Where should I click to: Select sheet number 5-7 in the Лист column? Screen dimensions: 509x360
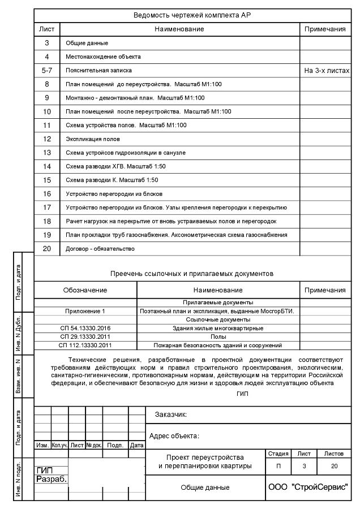[47, 71]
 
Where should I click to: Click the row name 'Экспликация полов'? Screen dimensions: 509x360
[93, 139]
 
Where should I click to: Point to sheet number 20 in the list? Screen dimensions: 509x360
[47, 248]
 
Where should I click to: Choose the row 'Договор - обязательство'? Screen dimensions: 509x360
[100, 248]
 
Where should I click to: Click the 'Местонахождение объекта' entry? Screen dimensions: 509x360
[104, 57]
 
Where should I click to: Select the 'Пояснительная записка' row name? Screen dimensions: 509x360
[99, 71]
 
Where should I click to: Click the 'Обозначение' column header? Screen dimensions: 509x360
[85, 290]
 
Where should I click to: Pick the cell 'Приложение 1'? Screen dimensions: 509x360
[85, 311]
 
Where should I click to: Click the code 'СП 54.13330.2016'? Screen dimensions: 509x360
[85, 328]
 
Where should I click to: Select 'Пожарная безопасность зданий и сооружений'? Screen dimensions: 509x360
[218, 345]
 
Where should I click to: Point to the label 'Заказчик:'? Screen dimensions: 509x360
[171, 415]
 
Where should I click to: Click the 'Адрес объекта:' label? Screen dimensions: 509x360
[174, 436]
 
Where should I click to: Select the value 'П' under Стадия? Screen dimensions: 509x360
[277, 467]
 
